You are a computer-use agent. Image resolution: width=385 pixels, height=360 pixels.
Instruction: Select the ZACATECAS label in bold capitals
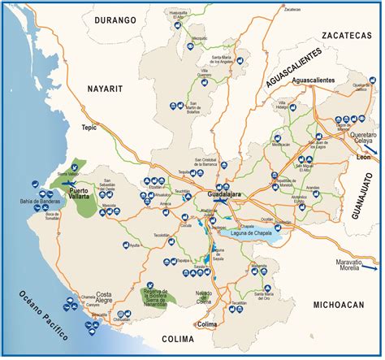coord(345,36)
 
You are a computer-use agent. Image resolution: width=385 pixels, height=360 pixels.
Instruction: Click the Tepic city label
coord(89,128)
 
